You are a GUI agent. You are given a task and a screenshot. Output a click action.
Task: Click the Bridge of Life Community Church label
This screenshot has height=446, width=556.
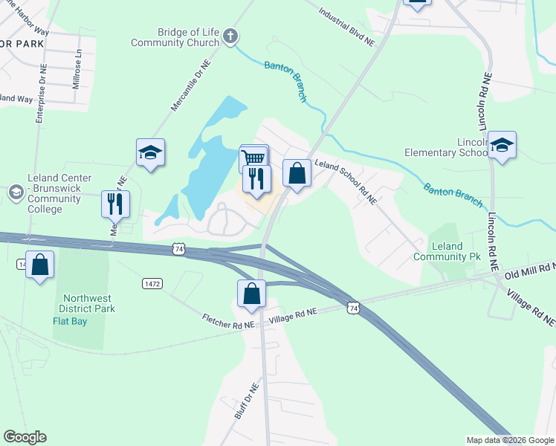[175, 37]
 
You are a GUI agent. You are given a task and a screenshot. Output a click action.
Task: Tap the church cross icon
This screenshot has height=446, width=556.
[230, 35]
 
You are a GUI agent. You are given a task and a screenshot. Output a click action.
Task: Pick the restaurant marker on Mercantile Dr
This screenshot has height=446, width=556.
[115, 203]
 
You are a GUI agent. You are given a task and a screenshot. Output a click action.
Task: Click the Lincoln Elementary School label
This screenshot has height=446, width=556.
[446, 147]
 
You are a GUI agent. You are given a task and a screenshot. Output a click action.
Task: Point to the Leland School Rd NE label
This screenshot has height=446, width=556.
[346, 181]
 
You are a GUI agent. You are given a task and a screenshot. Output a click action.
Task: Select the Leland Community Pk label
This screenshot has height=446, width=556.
[456, 251]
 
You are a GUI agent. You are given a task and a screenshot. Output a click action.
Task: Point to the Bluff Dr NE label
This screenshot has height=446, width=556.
[246, 402]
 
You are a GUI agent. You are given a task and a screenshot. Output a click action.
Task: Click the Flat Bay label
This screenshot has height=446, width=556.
[71, 322]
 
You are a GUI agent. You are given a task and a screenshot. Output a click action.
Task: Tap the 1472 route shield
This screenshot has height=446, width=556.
[153, 283]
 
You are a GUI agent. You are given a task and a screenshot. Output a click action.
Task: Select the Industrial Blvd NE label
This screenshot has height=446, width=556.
[347, 27]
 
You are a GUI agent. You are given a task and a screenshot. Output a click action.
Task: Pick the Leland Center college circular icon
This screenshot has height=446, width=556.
[16, 193]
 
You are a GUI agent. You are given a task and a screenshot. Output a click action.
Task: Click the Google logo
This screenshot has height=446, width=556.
[25, 437]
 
